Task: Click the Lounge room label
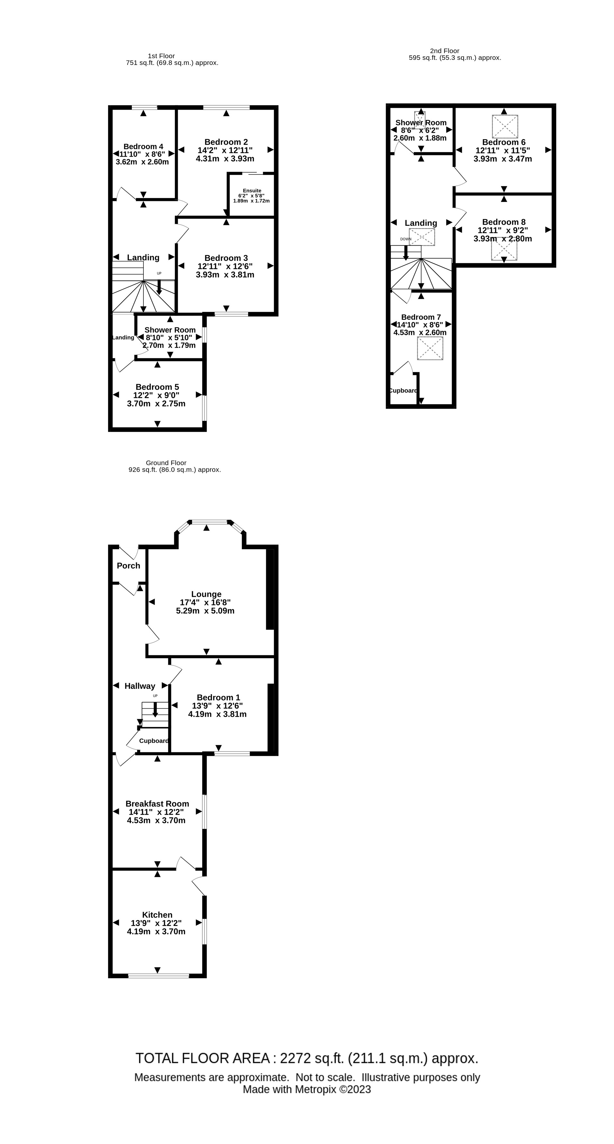tap(206, 594)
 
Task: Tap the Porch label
tap(128, 565)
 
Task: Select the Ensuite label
tap(252, 191)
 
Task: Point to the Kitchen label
tap(157, 914)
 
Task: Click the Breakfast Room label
tap(157, 804)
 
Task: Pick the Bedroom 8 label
tap(503, 222)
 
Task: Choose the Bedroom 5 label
tap(157, 387)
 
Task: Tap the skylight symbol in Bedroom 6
tap(505, 126)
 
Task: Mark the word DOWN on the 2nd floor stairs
tap(406, 239)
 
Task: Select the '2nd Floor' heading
tap(444, 50)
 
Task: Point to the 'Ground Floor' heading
tap(166, 462)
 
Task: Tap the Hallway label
tap(140, 686)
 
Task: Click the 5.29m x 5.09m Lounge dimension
tap(205, 611)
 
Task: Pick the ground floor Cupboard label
tap(154, 740)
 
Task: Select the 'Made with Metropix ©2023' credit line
tap(307, 1089)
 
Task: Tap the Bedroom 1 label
tap(218, 697)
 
